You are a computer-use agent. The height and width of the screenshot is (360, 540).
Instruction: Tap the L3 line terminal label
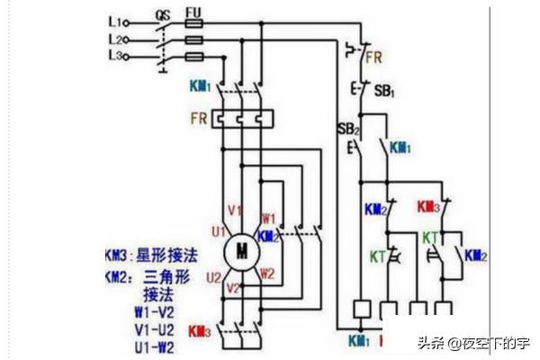pos(114,57)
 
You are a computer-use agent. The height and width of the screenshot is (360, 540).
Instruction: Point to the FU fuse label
pos(193,13)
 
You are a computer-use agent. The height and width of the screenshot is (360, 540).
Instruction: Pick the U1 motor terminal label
pos(218,231)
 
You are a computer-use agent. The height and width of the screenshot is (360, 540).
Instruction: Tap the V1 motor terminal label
pos(235,211)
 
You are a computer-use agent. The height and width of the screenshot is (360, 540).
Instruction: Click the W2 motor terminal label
pos(267,273)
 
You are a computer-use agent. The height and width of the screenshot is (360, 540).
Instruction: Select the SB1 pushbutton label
pos(384,92)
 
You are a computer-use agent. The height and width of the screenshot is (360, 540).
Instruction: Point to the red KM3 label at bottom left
pos(200,332)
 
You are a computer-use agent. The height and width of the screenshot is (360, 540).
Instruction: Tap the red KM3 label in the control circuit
pos(428,208)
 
